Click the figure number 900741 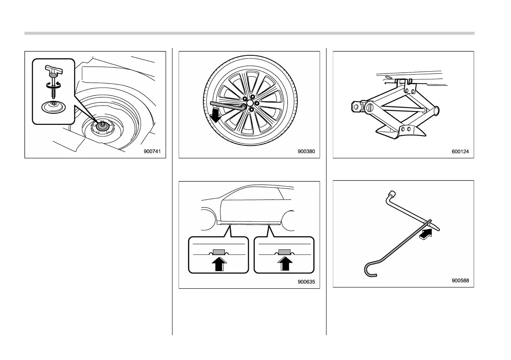pos(154,151)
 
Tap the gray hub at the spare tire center pos(103,126)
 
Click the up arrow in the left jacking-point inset pos(218,263)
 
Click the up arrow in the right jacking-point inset pos(284,263)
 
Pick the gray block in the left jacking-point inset pos(218,251)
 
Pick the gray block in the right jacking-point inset pos(284,251)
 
